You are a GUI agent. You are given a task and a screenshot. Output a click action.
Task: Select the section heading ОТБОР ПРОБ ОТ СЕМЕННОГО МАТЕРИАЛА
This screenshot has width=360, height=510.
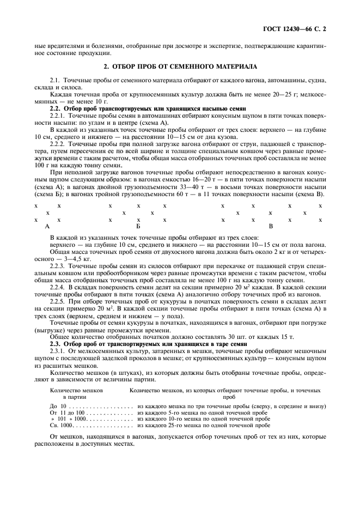(x=180, y=66)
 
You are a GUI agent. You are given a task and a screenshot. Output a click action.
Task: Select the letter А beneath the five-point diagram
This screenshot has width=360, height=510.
(x=47, y=226)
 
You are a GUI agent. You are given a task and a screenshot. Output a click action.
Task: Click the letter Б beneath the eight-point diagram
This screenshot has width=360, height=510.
(x=138, y=226)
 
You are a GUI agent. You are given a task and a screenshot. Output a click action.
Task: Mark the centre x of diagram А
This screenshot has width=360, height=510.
(x=47, y=212)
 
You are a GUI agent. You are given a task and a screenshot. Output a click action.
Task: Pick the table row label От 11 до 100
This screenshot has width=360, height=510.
(x=68, y=413)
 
